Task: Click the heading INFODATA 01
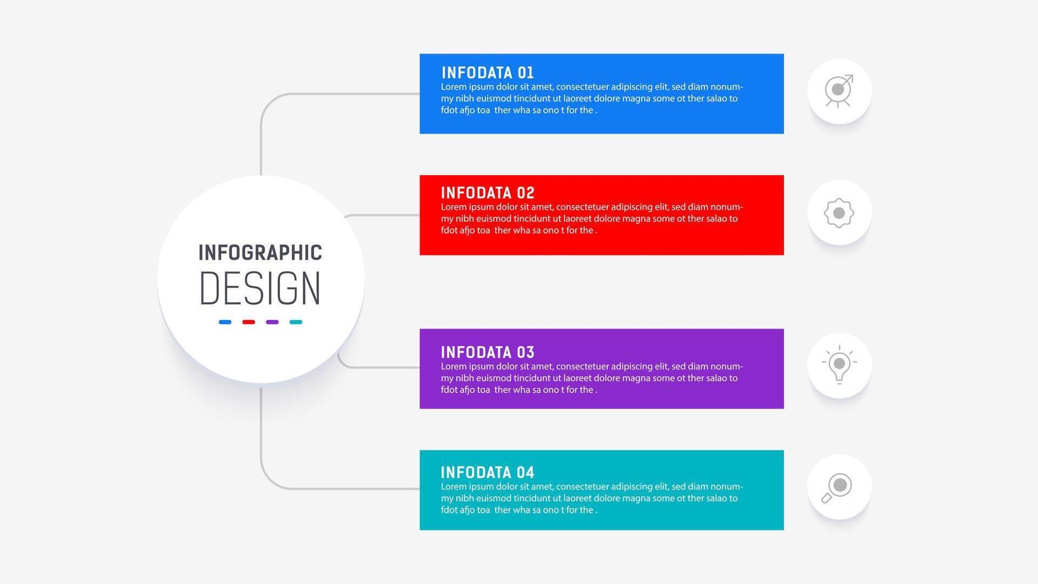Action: point(487,73)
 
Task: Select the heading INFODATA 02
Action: point(487,193)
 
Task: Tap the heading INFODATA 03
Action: point(487,352)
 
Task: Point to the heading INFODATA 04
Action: point(487,473)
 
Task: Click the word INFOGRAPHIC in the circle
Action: point(260,253)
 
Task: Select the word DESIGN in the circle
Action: point(260,289)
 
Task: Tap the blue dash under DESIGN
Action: point(225,322)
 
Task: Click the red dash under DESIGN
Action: point(248,322)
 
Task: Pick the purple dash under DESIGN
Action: point(272,322)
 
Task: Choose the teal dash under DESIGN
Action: point(296,322)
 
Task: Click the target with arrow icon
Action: point(839,91)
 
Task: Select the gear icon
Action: point(839,213)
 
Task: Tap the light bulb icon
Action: point(839,365)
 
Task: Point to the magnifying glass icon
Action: point(837,488)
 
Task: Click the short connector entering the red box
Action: point(382,215)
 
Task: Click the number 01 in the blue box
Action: point(526,73)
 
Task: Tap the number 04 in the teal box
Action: point(526,473)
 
